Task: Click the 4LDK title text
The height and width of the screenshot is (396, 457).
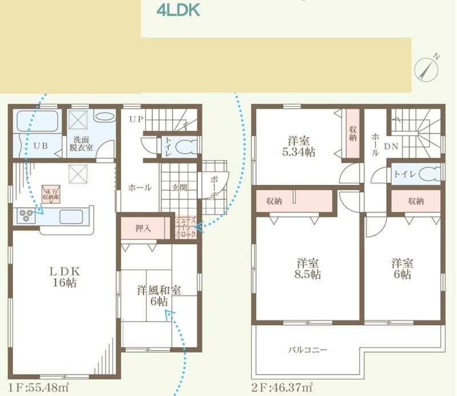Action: click(178, 10)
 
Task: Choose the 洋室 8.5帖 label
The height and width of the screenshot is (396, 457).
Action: click(308, 269)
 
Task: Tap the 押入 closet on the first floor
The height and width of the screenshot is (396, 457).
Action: click(143, 227)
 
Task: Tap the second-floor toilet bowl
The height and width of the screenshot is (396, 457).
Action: click(430, 174)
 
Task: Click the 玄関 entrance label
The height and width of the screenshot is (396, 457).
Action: click(179, 187)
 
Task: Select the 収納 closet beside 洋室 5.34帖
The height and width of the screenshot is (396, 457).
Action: click(353, 134)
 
